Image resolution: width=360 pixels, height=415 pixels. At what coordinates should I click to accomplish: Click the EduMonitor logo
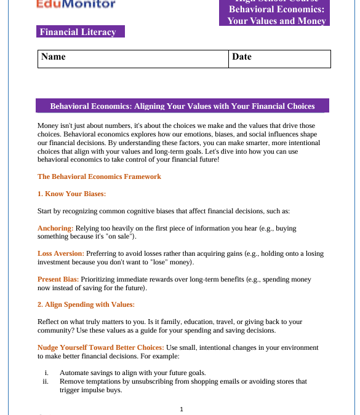click(76, 5)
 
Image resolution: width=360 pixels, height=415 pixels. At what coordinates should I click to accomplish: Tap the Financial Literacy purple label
click(78, 31)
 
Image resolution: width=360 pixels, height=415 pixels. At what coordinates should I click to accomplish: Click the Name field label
click(53, 57)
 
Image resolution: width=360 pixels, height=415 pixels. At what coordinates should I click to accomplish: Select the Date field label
click(242, 57)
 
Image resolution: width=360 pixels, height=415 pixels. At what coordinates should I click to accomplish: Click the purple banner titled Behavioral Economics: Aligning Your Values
click(182, 106)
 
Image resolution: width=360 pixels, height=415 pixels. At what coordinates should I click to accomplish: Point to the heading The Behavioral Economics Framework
click(99, 176)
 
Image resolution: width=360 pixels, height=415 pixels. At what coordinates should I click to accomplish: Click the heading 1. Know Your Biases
click(72, 194)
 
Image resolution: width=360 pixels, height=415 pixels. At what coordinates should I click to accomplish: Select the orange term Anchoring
click(55, 228)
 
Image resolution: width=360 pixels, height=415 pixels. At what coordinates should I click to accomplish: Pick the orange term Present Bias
click(58, 279)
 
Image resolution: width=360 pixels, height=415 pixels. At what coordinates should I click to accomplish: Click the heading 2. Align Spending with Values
click(86, 304)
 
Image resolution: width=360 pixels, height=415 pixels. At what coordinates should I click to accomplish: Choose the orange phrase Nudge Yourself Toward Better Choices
click(100, 347)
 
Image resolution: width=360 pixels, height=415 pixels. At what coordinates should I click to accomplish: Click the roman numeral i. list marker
click(47, 373)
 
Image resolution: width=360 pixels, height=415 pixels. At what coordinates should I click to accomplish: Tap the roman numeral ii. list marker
click(46, 381)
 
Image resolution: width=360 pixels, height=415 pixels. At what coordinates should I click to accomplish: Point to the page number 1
click(182, 409)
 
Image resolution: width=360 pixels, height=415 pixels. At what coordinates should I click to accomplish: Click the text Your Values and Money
click(276, 20)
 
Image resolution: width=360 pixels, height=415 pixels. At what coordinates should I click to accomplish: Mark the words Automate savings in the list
click(85, 373)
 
